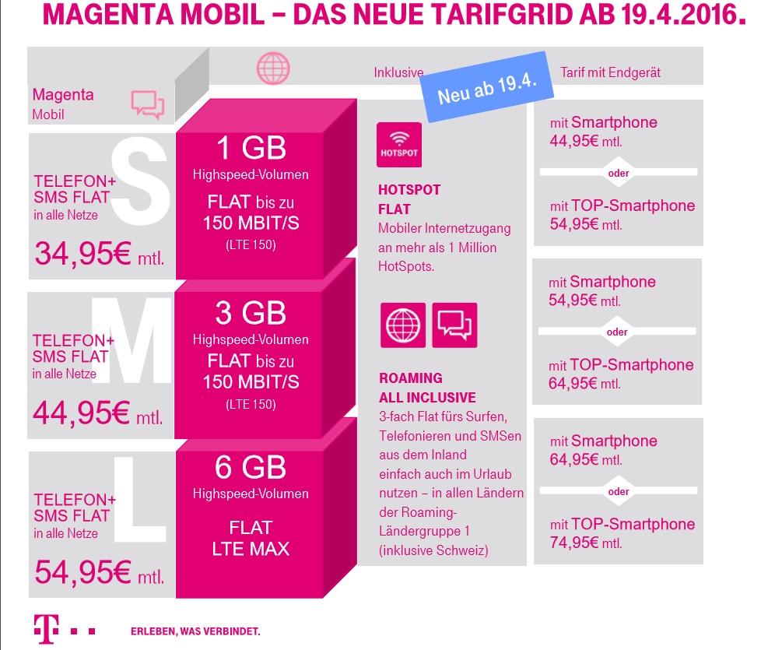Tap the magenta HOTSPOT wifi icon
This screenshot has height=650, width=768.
coord(398,144)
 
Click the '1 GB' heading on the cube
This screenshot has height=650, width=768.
coord(251,148)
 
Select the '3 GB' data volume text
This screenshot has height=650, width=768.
coord(251,313)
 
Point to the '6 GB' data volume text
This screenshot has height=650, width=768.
coord(251,468)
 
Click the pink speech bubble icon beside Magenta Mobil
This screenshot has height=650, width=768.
coord(147,104)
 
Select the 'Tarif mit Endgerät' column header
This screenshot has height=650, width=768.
coord(610,72)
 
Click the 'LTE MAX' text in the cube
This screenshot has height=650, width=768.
coord(251,548)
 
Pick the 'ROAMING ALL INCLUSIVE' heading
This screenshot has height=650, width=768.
coord(427,388)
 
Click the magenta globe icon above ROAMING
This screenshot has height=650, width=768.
coord(402,325)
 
